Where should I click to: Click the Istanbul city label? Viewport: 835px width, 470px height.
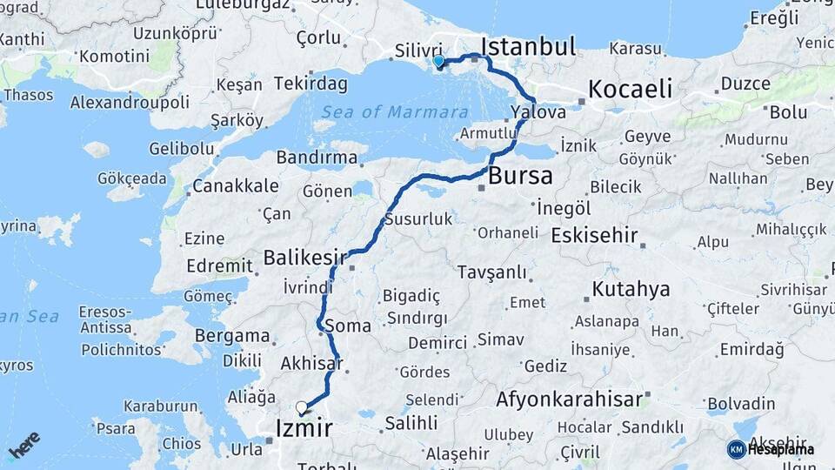pos(528,46)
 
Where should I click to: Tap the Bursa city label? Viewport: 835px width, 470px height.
pos(520,176)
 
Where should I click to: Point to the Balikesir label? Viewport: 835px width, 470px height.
pos(305,258)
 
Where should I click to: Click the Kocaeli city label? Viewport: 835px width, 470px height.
pos(631,89)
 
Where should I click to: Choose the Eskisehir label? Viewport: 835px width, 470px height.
pos(595,236)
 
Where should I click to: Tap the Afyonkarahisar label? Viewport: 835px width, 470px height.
pos(570,400)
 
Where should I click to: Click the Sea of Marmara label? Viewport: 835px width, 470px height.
pos(395,112)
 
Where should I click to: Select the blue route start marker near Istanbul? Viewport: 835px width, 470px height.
pos(438,62)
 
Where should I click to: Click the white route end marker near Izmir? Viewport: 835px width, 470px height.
pos(301,406)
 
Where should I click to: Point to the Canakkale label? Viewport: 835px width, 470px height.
pos(236,185)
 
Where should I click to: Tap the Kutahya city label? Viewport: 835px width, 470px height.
pos(631,289)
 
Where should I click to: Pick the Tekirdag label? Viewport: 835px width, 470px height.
pos(311,84)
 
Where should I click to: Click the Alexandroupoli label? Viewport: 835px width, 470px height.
pos(130,102)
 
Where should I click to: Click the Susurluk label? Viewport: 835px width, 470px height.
pos(418,218)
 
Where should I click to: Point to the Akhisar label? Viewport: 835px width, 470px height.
pos(312,364)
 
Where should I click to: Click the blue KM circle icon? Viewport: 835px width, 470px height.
pos(736,449)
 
